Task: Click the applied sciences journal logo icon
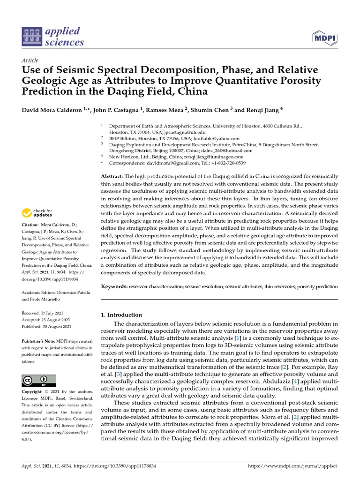click(31, 37)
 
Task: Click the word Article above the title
click(30, 60)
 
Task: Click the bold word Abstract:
click(115, 176)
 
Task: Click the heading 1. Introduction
click(122, 315)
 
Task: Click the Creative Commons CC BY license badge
click(39, 380)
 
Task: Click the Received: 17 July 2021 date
click(46, 313)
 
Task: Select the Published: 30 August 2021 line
click(46, 326)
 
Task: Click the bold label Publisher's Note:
click(39, 341)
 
